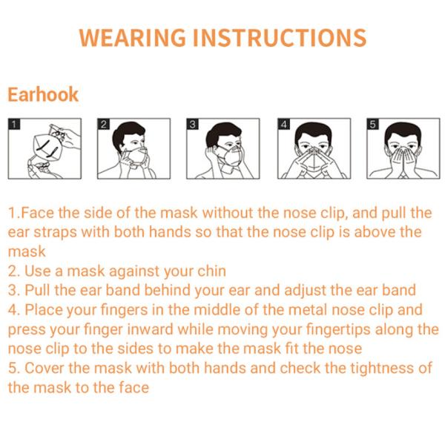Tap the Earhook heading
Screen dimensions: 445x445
pos(43,95)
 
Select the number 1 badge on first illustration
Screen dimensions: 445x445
pos(13,124)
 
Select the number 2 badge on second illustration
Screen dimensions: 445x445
pos(104,124)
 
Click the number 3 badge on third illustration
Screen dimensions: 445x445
pos(193,124)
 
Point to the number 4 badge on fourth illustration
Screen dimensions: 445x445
pos(283,124)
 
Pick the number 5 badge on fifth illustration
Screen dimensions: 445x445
pos(373,124)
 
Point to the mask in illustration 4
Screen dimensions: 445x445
pos(314,159)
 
